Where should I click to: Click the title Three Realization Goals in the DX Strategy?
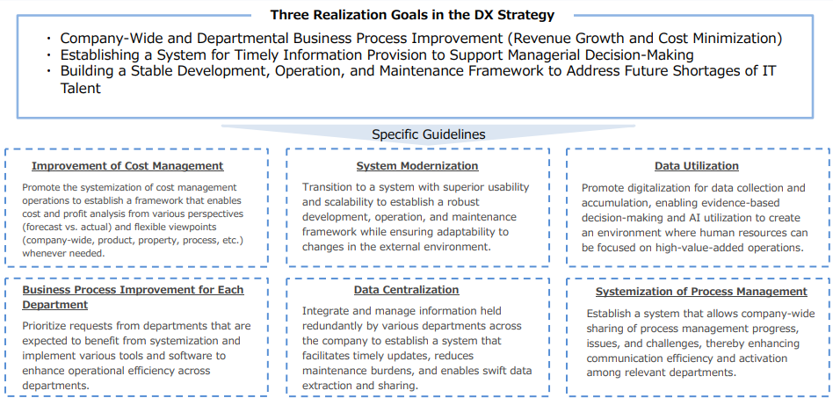[x=412, y=15]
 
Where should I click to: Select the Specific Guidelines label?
[x=429, y=134]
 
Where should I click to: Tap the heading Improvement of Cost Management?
[x=127, y=166]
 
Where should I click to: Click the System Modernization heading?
[x=417, y=166]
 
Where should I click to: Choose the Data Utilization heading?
[x=697, y=166]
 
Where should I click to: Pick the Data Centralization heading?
[x=407, y=290]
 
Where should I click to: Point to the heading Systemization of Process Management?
[x=701, y=292]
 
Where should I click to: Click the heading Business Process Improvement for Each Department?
[x=133, y=297]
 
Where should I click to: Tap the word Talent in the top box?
[x=80, y=88]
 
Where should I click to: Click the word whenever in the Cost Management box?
[x=44, y=253]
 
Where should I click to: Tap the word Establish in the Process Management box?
[x=608, y=314]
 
